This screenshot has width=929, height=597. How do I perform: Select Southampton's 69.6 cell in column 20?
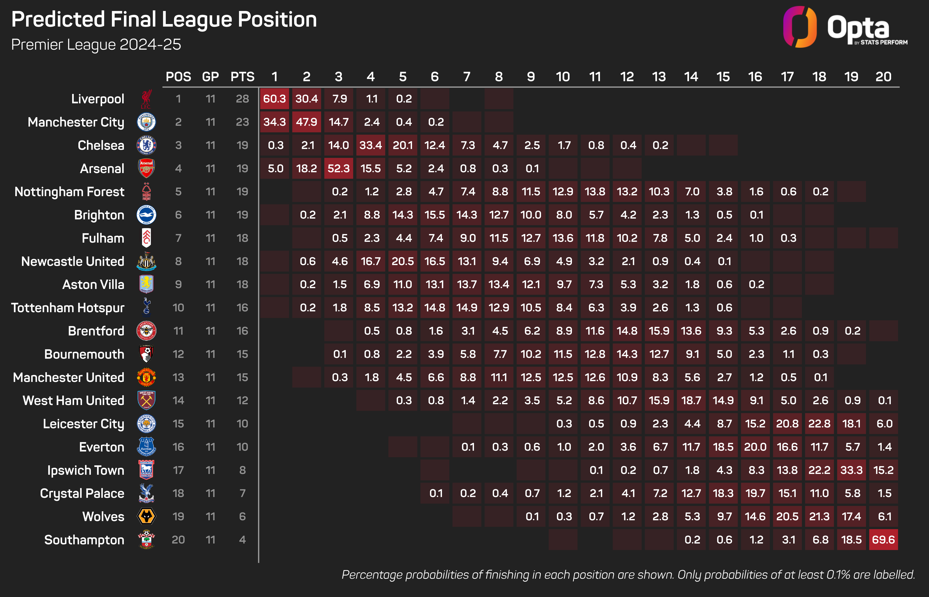pos(883,540)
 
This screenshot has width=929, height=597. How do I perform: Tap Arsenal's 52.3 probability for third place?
pos(338,168)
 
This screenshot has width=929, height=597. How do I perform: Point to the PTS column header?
pos(242,77)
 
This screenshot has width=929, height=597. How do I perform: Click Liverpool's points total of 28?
pos(242,99)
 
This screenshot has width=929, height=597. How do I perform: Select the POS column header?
pos(178,77)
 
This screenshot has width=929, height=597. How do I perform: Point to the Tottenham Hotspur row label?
pos(68,308)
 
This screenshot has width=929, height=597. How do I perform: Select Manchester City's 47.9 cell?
pos(306,122)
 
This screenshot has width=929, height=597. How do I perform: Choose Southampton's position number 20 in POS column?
pos(178,540)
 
